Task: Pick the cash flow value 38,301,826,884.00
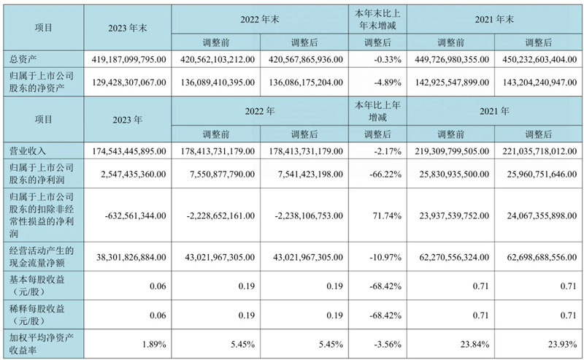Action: (x=128, y=257)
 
